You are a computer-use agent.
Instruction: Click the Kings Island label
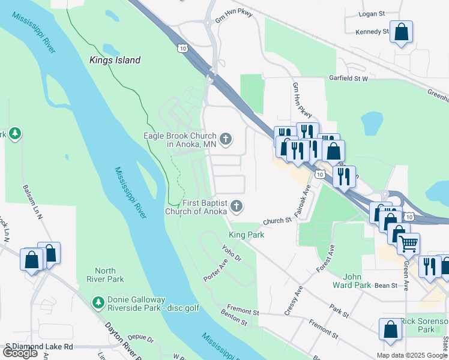pos(115,60)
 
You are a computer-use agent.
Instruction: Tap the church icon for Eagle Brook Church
pos(226,140)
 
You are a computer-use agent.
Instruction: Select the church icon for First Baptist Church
pos(237,207)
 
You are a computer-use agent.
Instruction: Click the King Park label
pos(247,235)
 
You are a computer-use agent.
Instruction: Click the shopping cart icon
pos(408,243)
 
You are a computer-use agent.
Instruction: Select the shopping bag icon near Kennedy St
pos(401,31)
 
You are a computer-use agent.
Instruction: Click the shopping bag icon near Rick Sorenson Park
pos(390,329)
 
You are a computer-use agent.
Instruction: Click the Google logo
pos(20,353)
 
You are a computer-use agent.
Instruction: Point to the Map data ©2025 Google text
pos(412,355)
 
